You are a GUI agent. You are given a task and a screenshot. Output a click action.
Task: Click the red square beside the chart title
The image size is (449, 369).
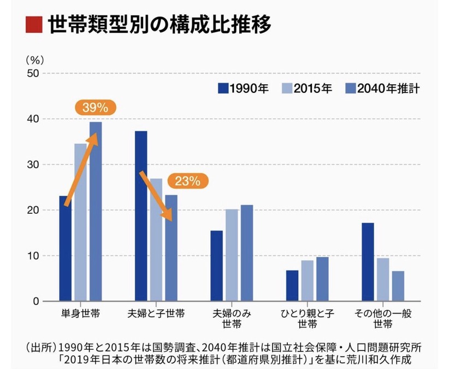[33, 25]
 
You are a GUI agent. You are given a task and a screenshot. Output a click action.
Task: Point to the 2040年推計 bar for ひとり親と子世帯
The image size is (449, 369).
[322, 279]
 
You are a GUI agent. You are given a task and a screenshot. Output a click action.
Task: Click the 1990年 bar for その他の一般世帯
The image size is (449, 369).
[368, 262]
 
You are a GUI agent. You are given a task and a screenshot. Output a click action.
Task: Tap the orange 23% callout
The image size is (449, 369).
[188, 180]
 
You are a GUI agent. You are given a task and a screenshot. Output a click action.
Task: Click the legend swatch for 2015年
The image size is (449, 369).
[286, 88]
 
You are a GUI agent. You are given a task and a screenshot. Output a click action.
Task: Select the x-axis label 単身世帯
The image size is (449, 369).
[80, 314]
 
